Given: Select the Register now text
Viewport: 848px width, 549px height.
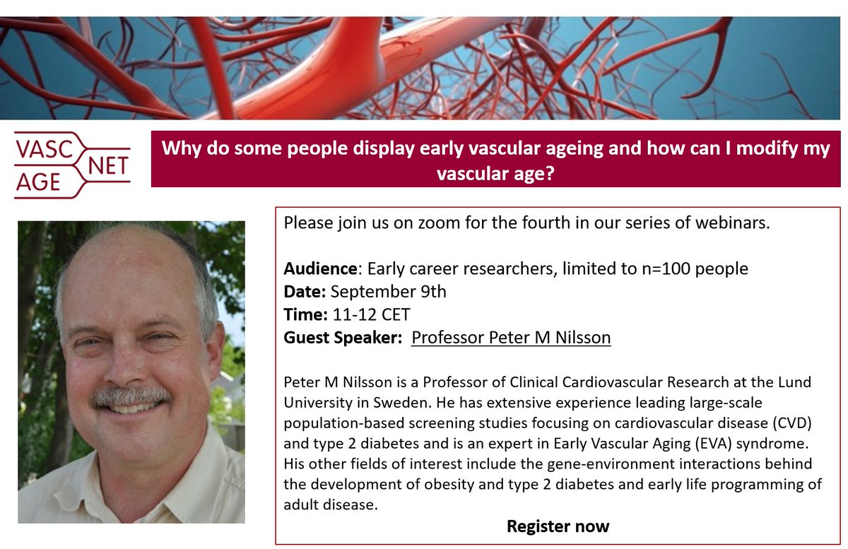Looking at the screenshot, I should [558, 526].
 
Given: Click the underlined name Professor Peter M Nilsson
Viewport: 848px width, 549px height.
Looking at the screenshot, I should [511, 338].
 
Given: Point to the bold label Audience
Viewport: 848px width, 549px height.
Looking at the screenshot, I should [321, 268].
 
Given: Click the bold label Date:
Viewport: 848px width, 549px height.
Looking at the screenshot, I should [305, 291].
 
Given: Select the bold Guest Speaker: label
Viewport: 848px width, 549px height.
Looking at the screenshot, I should [343, 338].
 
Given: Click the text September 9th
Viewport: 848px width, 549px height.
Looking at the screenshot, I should [388, 291].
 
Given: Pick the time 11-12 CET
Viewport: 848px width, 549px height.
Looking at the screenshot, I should [371, 314].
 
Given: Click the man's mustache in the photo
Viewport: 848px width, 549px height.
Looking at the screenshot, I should [131, 397].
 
